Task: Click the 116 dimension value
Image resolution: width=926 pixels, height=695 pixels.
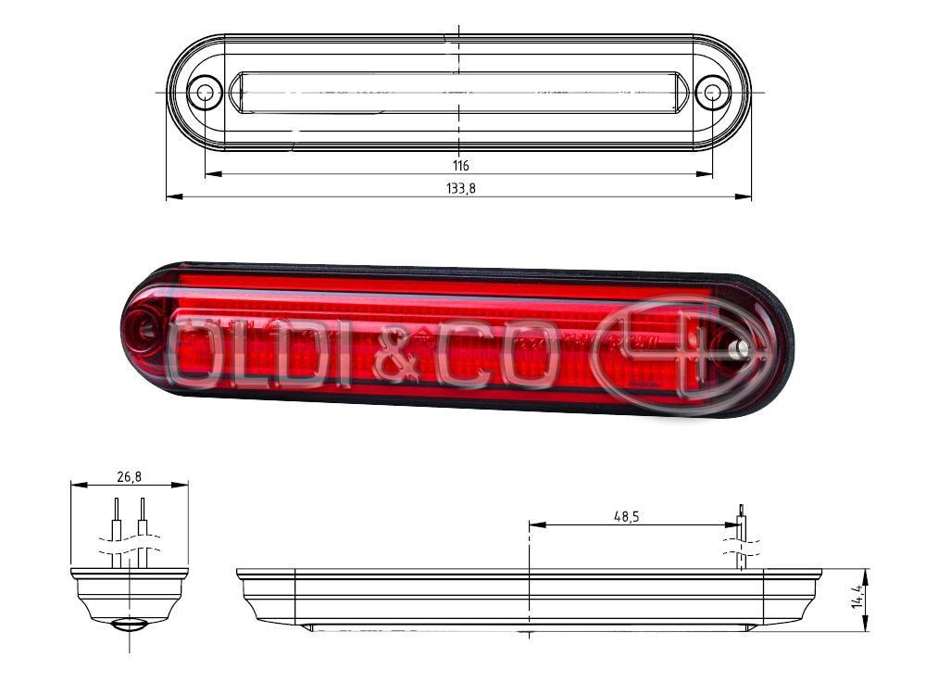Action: tap(460, 166)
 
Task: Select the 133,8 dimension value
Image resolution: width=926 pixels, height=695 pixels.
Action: tap(460, 188)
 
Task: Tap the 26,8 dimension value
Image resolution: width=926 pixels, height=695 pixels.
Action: tap(129, 477)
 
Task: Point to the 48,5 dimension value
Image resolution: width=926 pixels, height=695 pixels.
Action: tap(626, 517)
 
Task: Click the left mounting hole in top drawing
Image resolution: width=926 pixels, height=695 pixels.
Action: tap(205, 93)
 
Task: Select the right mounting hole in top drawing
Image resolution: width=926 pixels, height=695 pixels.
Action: tap(713, 93)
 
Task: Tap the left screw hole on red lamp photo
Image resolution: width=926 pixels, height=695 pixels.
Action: tap(144, 325)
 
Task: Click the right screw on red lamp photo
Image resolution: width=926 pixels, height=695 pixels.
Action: tap(739, 350)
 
